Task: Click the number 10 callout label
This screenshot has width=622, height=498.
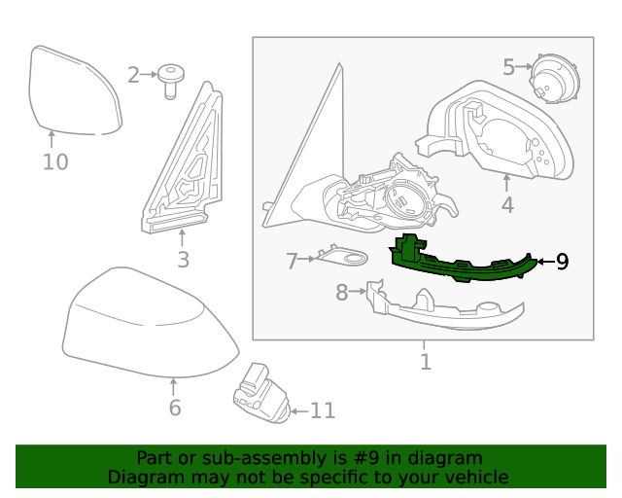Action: tap(55, 161)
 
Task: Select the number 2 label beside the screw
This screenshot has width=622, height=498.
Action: tap(133, 75)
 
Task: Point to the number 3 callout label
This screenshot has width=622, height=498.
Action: tap(183, 260)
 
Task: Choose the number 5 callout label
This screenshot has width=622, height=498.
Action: tap(509, 67)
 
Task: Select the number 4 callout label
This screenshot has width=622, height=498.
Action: tap(507, 205)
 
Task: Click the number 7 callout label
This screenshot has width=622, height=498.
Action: tap(292, 261)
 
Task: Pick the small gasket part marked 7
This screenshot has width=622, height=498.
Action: tap(344, 258)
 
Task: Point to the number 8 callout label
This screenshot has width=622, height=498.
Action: tap(342, 292)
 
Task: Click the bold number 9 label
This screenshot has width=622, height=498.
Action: tap(563, 262)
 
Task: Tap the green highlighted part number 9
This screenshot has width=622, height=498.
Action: tap(457, 265)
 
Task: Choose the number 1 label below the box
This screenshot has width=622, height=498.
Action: tap(425, 363)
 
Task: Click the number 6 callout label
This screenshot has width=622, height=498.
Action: tap(175, 408)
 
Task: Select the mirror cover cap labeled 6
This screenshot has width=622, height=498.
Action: tap(146, 326)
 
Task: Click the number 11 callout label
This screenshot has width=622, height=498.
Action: tap(322, 411)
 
